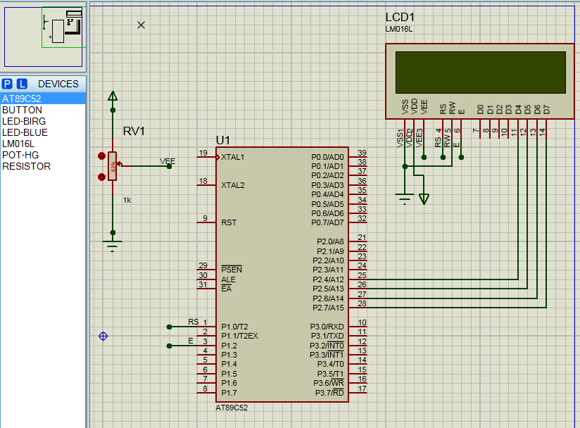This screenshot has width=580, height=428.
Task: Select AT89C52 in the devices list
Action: [22, 99]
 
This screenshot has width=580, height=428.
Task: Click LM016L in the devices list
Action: [18, 144]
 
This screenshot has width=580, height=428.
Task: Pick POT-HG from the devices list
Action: [20, 155]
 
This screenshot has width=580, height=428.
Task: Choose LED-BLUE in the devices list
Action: [25, 132]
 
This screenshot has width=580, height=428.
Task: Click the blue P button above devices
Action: [7, 84]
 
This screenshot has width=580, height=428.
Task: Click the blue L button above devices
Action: [22, 84]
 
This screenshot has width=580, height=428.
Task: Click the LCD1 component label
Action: [400, 17]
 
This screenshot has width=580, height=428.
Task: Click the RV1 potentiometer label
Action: [134, 132]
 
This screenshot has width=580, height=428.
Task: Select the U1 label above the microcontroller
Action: [223, 140]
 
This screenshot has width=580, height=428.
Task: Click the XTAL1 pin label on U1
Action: [232, 157]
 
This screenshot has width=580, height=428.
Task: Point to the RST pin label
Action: [229, 222]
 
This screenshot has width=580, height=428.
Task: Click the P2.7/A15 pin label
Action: [327, 308]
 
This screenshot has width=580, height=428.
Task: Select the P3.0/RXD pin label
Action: [327, 327]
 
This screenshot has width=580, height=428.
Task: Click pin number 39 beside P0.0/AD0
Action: [362, 153]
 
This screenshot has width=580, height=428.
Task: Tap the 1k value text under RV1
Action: [127, 201]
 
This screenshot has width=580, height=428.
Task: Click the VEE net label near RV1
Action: [168, 161]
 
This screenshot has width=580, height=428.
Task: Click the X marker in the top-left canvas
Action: [141, 25]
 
